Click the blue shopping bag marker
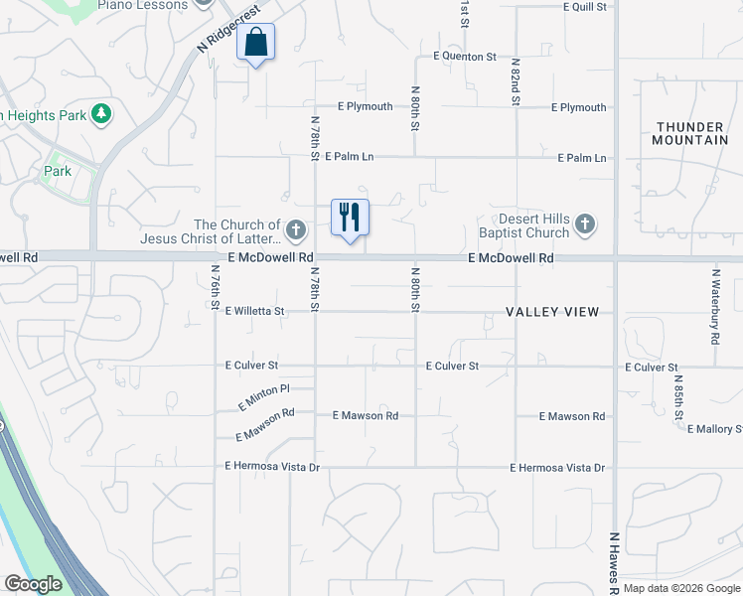(256, 43)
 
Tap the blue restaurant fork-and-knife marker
(350, 218)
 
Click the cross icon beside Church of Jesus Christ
(295, 230)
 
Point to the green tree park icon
(100, 115)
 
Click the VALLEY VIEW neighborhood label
(552, 312)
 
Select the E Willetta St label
(254, 311)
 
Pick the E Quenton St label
(457, 57)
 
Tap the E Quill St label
(584, 6)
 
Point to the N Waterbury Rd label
(715, 305)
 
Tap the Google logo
(32, 584)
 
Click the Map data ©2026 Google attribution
(682, 588)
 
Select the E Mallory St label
(714, 429)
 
